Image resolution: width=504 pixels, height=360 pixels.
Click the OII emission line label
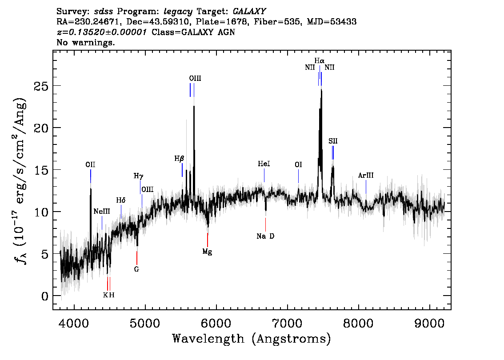coord(90,165)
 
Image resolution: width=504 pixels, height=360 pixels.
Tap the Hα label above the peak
coord(319,61)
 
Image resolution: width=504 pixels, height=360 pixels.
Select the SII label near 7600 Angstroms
coord(333,141)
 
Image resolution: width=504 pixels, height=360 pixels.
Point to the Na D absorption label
coord(265,236)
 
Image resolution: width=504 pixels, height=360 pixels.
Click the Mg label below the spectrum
coord(207,252)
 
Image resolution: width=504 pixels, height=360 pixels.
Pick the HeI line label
coord(264,164)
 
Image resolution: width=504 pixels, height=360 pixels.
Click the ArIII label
coord(366,176)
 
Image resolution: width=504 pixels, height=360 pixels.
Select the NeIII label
coord(102,211)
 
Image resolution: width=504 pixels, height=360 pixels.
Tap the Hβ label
coord(179,158)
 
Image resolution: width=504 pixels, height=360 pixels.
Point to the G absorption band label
coord(137,269)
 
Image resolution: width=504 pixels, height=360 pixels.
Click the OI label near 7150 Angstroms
coord(298,164)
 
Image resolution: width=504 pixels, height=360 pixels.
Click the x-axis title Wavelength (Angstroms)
coord(252,339)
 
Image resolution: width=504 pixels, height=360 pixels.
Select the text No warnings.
coord(86,43)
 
